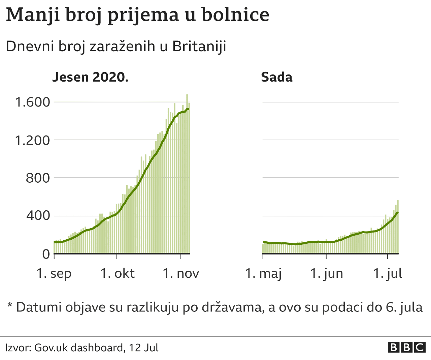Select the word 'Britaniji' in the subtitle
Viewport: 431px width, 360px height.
[199, 47]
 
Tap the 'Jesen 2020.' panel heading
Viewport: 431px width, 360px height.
[90, 77]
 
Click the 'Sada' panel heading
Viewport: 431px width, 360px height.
[276, 77]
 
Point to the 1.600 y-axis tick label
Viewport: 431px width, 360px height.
[32, 102]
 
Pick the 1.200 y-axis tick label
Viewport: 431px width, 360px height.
[32, 140]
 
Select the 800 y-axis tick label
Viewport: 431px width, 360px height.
[38, 178]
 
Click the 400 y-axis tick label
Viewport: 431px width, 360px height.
[38, 216]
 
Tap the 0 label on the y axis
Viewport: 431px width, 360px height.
[46, 254]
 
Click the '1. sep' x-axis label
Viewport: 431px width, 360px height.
[54, 273]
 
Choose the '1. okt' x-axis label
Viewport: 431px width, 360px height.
[118, 273]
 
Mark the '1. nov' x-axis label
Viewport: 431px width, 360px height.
[181, 273]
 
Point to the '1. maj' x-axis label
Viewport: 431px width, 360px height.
[263, 273]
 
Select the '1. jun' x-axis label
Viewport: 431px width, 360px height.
[326, 273]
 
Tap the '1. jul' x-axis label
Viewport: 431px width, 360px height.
[388, 273]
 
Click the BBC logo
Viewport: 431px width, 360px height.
[407, 348]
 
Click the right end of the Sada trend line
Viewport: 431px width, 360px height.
[398, 212]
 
